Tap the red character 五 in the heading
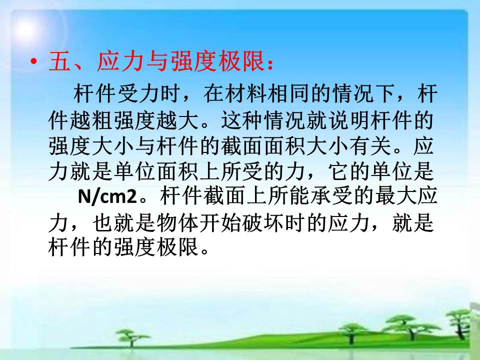(x=60, y=61)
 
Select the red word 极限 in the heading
(x=241, y=61)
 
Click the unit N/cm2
(x=107, y=196)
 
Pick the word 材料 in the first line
(x=246, y=93)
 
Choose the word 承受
(x=332, y=196)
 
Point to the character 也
(x=102, y=222)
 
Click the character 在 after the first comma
(x=213, y=93)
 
